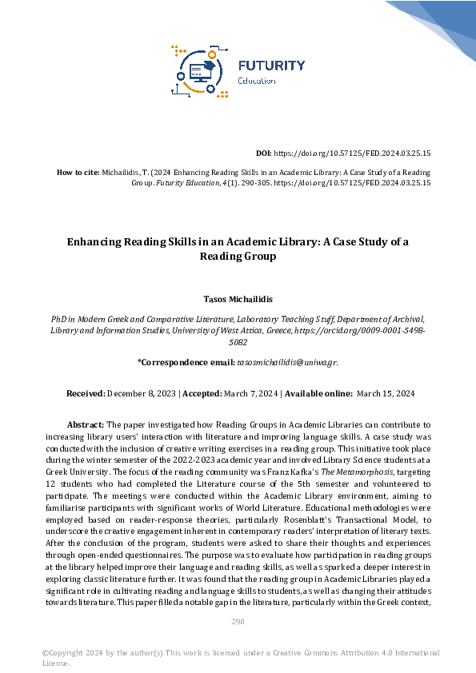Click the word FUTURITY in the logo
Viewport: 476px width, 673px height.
click(271, 65)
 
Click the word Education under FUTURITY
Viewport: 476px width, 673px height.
click(257, 81)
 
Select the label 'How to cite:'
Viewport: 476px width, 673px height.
click(78, 172)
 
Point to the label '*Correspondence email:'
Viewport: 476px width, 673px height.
click(186, 362)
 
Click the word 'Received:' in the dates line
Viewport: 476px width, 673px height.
click(86, 393)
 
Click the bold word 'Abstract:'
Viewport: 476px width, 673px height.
click(86, 425)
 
